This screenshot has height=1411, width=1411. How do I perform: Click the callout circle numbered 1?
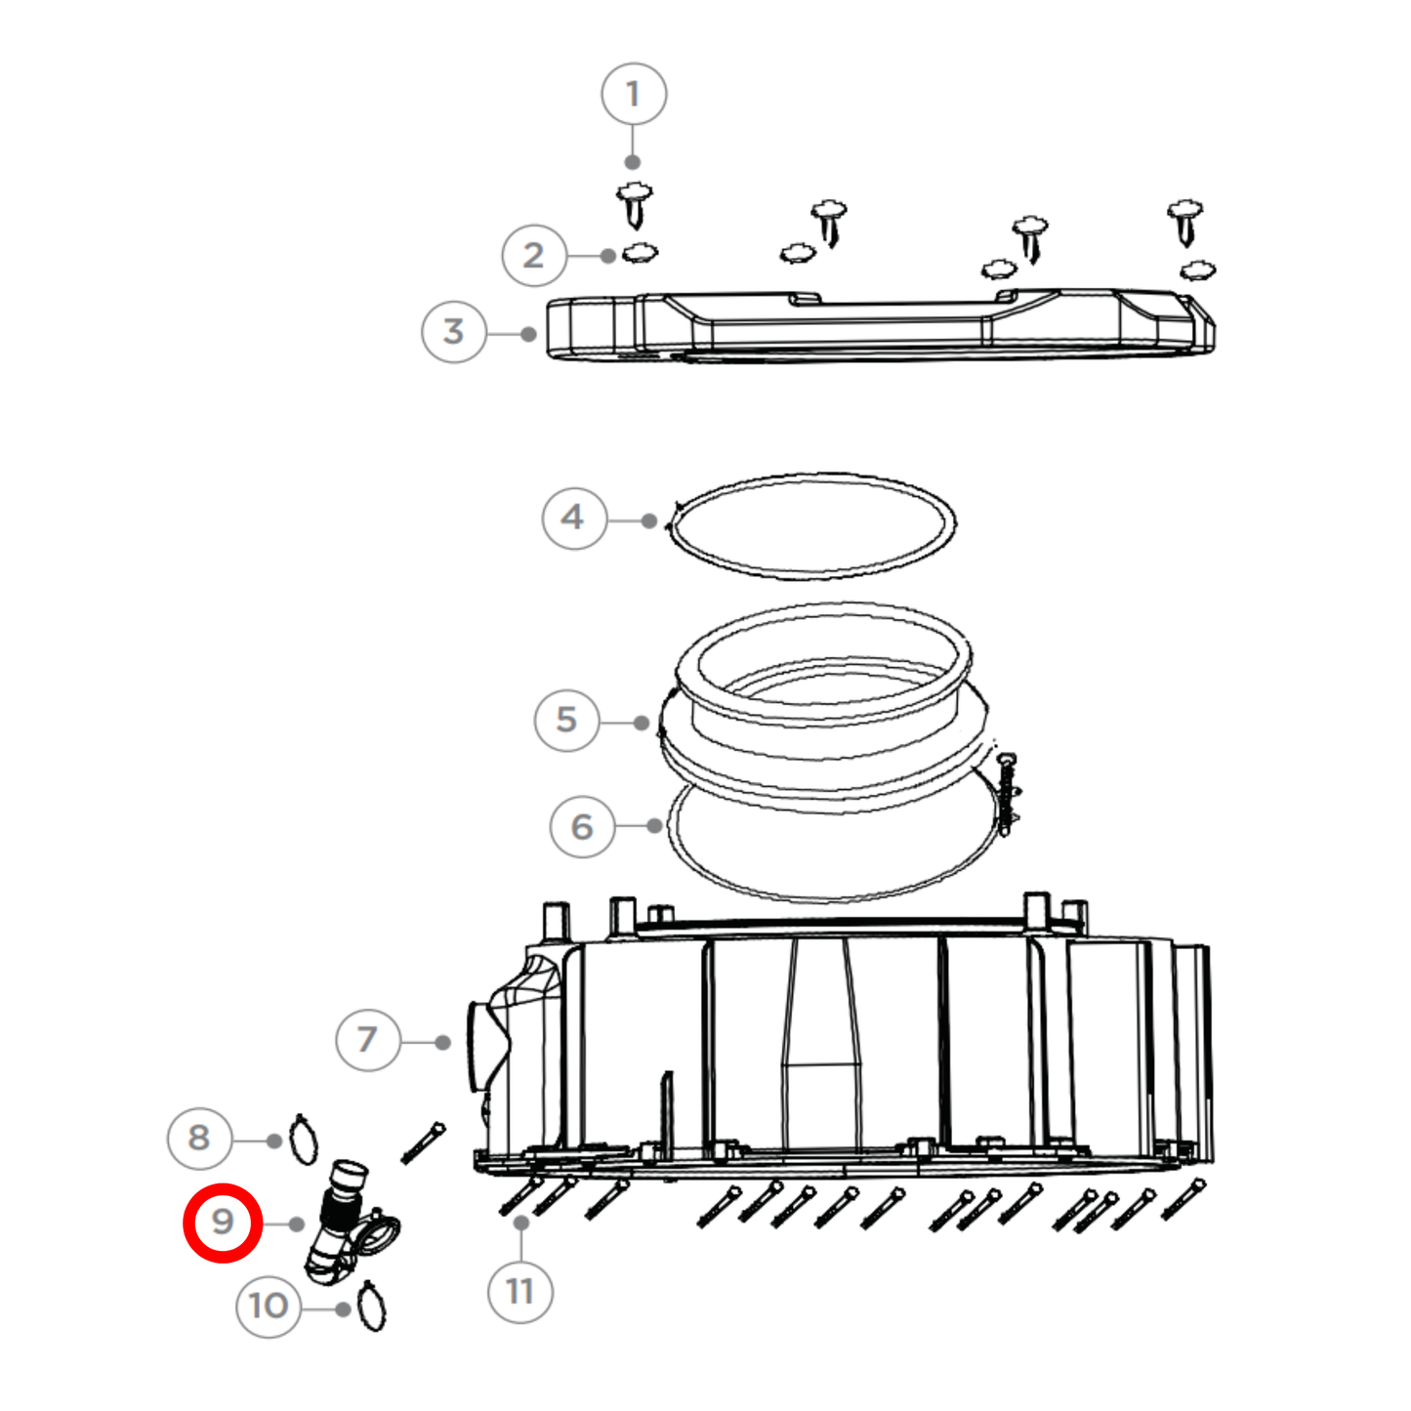[x=633, y=95]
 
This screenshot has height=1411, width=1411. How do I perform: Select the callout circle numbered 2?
[x=533, y=255]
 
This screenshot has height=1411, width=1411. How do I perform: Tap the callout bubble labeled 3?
[x=453, y=332]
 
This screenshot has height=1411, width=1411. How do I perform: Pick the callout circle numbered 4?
[x=573, y=518]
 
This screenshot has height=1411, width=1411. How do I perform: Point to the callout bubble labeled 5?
[x=566, y=721]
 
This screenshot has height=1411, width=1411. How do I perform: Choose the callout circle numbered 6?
[x=582, y=827]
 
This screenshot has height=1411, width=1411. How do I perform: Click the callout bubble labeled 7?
[x=367, y=1040]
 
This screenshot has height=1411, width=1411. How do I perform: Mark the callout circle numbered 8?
[x=199, y=1138]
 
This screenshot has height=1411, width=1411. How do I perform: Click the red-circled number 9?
[x=223, y=1223]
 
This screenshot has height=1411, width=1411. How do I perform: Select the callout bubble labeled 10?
[x=268, y=1307]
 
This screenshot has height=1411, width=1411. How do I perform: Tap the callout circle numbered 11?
[x=520, y=1292]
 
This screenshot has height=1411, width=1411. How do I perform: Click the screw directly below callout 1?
[x=635, y=205]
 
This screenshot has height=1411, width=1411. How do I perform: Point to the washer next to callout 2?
[x=640, y=253]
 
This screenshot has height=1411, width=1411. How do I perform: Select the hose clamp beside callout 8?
[x=304, y=1140]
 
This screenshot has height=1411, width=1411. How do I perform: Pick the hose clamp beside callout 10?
[x=372, y=1307]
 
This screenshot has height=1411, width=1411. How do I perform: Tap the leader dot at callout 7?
[x=442, y=1043]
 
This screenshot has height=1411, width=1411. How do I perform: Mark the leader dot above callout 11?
[x=521, y=1223]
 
